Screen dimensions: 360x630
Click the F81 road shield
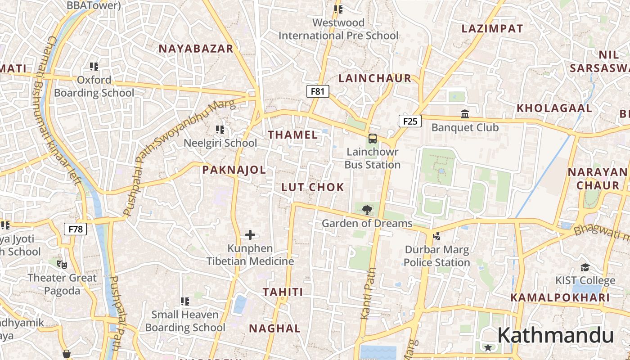(x=318, y=91)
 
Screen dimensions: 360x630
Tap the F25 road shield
(x=410, y=121)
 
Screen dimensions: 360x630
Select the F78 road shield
(x=75, y=229)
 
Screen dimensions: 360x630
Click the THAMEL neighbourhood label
(x=293, y=135)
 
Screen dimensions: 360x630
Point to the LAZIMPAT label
(x=492, y=29)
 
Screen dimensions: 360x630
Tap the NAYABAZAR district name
(x=196, y=49)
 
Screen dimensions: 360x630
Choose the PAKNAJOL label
(x=234, y=170)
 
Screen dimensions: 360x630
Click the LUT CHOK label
(x=313, y=187)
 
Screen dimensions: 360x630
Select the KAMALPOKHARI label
(x=560, y=297)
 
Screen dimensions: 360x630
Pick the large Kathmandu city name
(x=555, y=336)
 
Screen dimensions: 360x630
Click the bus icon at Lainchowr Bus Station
(x=373, y=138)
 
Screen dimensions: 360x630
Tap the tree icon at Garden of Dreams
(x=367, y=209)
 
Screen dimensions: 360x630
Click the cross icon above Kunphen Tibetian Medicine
(x=250, y=234)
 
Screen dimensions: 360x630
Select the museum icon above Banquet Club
(x=465, y=114)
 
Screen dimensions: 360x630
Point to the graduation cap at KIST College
(x=585, y=267)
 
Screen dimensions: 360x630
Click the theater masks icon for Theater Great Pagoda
(x=62, y=264)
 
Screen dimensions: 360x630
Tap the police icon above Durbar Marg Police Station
(x=436, y=235)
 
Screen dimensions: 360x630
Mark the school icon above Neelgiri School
(x=220, y=130)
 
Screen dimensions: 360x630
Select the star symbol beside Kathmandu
(x=488, y=347)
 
